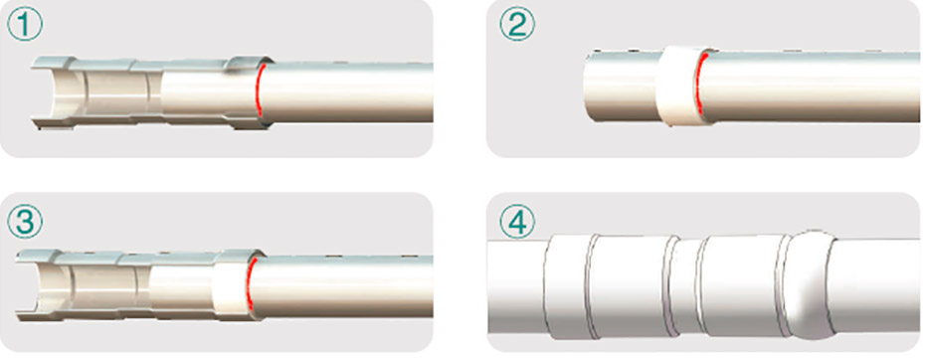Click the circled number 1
click(24, 26)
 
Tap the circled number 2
click(517, 26)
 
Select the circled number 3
click(24, 223)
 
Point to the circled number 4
click(517, 223)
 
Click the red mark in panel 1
click(259, 90)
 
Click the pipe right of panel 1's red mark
click(348, 92)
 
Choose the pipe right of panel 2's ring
click(814, 87)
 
